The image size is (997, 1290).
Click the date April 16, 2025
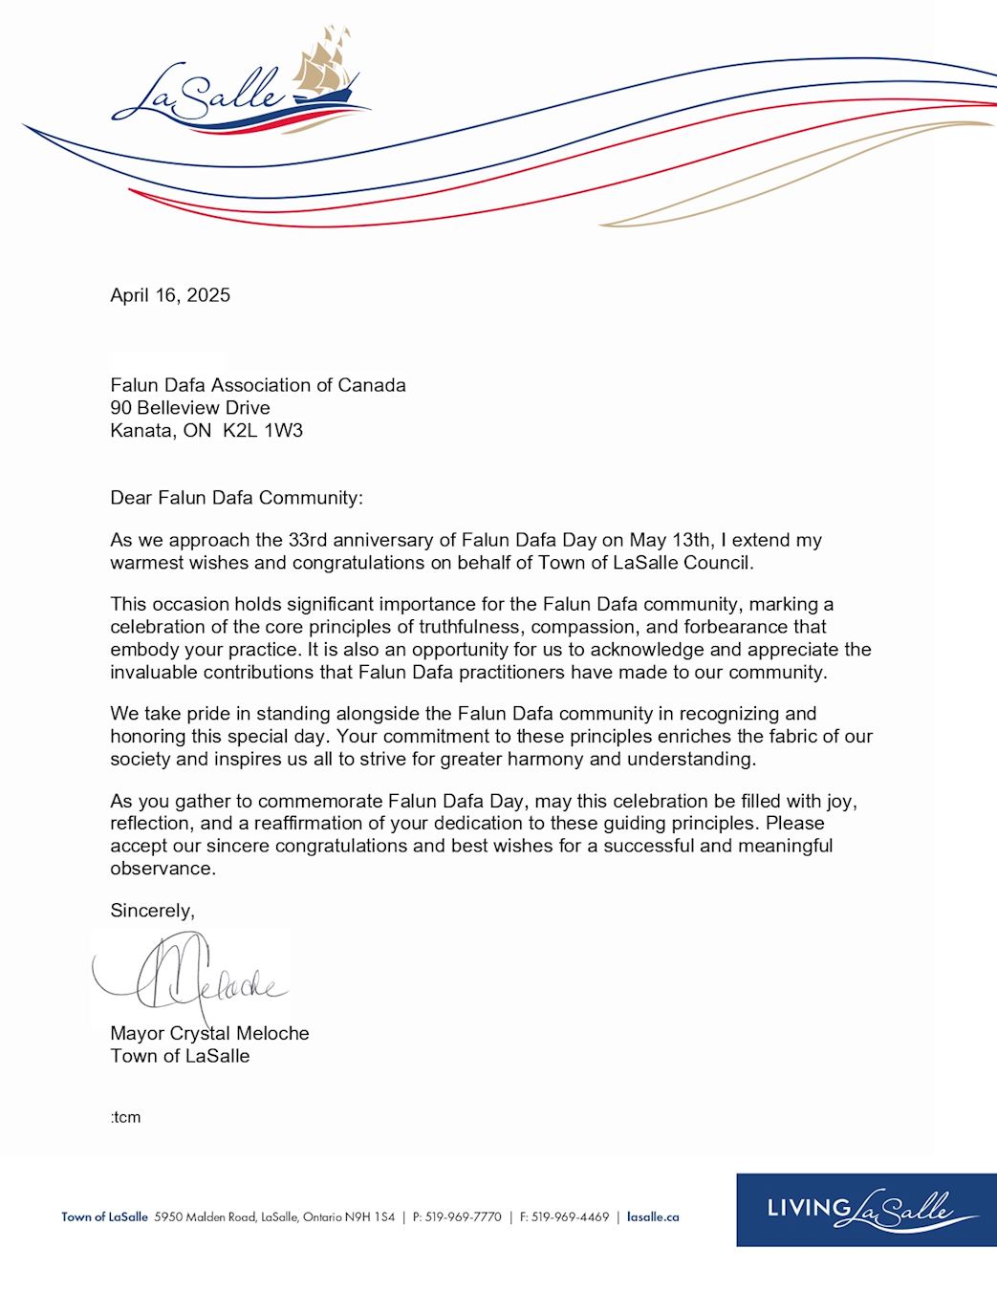pos(170,295)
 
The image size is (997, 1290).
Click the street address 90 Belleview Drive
pos(190,408)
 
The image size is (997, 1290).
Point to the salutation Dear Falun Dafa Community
pos(236,498)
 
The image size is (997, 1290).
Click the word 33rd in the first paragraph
pos(309,541)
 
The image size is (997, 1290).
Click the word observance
pos(163,869)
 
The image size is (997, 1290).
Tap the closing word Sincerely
pos(152,911)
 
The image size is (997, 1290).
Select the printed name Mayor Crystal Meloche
pos(209,1034)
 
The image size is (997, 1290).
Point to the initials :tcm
pos(125,1117)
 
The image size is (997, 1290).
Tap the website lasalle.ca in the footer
pos(653,1217)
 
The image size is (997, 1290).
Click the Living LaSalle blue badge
pos(866,1210)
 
